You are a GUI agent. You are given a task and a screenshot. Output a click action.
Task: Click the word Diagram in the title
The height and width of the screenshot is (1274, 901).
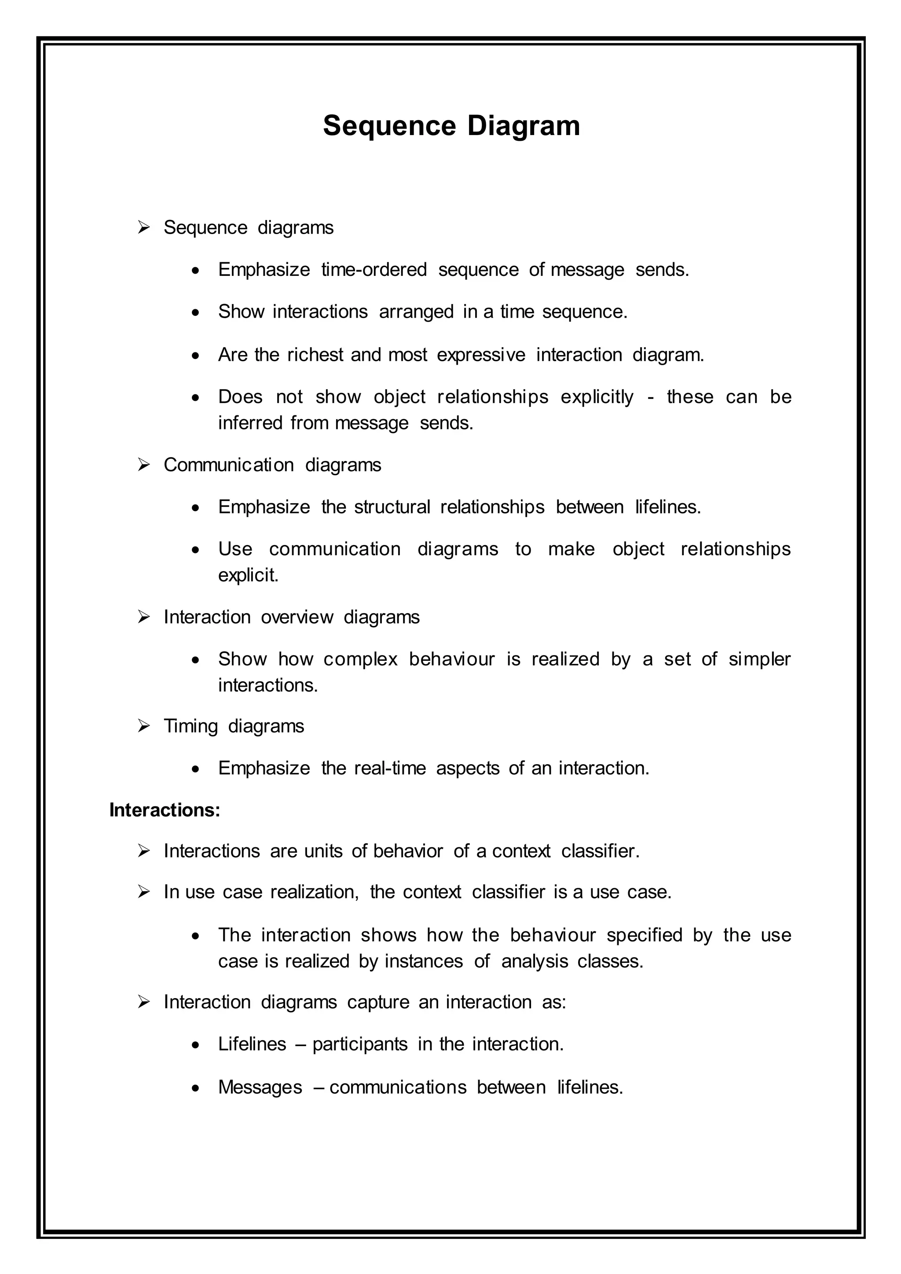coord(523,126)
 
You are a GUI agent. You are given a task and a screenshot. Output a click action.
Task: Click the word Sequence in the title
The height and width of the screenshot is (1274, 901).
coord(389,126)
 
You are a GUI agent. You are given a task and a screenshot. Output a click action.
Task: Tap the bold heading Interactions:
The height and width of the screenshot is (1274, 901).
coord(165,810)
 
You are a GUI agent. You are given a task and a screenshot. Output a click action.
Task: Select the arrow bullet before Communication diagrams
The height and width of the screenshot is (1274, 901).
coord(144,465)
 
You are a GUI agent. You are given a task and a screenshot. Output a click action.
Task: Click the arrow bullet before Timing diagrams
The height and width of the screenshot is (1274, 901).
coord(144,726)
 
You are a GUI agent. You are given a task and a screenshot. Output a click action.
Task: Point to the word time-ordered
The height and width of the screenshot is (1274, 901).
coord(374,270)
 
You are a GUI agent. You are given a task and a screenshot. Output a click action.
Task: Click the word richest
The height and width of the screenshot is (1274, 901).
coord(315,355)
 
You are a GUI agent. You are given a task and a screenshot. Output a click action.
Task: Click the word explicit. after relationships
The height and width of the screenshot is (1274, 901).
coord(248,575)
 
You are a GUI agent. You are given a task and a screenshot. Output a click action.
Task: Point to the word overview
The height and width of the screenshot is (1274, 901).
coord(297,617)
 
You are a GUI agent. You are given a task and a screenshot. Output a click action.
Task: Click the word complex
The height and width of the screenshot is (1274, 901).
coord(361,659)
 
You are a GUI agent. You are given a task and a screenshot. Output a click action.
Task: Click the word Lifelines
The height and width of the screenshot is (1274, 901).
coord(252,1044)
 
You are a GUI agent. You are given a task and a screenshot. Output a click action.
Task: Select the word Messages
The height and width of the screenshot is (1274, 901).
coord(260,1087)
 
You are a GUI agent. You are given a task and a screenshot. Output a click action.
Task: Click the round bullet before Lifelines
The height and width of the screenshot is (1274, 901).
coord(195,1045)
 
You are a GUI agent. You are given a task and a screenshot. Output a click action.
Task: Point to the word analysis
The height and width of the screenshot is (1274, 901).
coord(534,961)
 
